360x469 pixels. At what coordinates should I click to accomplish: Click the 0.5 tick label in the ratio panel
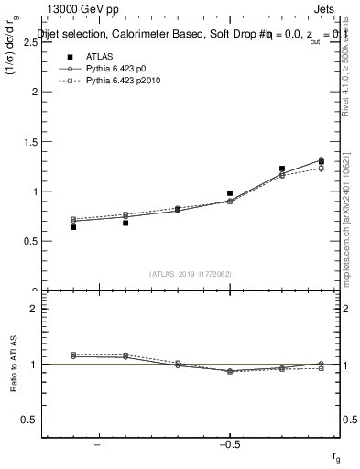(x=32, y=420)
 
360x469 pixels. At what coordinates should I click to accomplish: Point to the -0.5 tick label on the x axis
(x=230, y=445)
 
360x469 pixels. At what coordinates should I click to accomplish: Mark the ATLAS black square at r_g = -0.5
(x=230, y=193)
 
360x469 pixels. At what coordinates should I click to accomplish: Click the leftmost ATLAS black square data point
(x=73, y=226)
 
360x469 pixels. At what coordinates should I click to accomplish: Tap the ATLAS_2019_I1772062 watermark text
(x=190, y=273)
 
